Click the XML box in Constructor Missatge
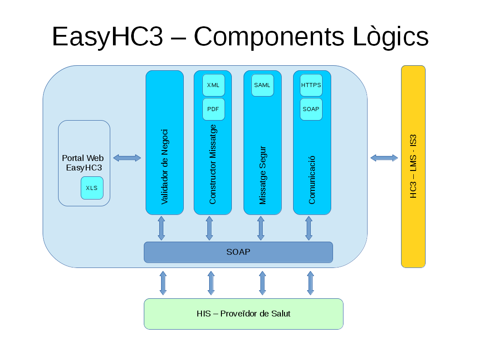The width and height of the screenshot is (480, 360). tap(213, 85)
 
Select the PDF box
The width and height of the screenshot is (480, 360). tap(213, 109)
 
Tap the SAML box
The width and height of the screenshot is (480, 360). tap(262, 85)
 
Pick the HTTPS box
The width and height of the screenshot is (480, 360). tap(311, 85)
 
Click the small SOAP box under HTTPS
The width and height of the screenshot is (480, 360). tap(311, 109)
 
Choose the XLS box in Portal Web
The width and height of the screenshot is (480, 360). tap(92, 188)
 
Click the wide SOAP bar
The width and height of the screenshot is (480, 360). tap(238, 252)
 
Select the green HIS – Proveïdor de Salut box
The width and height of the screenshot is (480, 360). tap(243, 314)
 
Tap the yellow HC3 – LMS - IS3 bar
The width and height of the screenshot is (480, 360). tap(413, 166)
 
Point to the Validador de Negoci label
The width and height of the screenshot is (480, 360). tap(165, 166)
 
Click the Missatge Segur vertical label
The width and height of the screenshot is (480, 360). tap(263, 175)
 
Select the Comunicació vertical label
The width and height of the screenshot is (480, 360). tap(312, 180)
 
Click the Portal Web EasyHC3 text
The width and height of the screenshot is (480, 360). tap(83, 163)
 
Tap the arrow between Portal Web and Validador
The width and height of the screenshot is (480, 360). tap(127, 158)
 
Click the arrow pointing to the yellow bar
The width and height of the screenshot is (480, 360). tap(384, 158)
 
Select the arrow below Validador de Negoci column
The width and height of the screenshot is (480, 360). tap(162, 228)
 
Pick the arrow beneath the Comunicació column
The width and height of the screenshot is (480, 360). tap(309, 228)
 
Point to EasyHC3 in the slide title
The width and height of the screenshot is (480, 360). tap(108, 37)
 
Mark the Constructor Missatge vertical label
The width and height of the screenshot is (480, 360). tap(213, 164)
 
